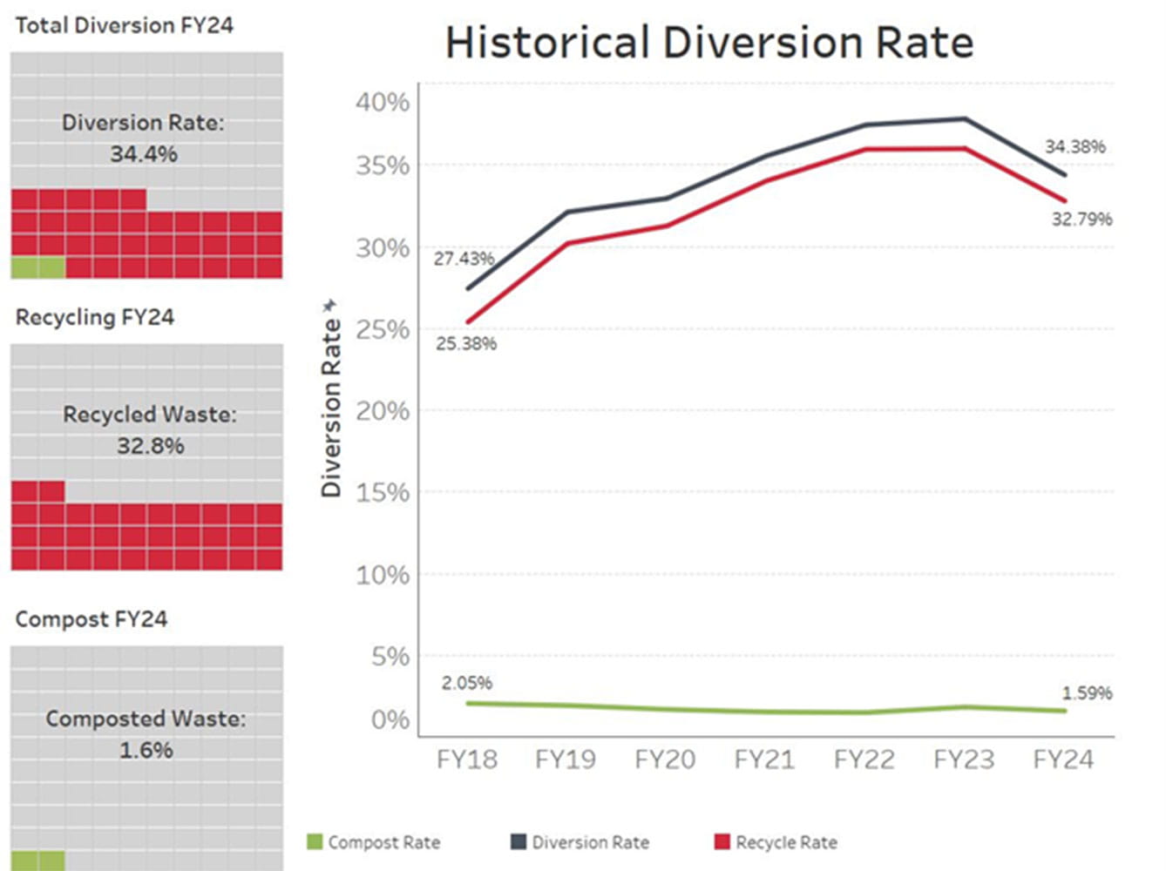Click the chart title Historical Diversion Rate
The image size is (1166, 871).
coord(709,43)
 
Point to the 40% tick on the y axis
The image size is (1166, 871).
coord(382,103)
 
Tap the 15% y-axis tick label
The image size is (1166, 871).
coord(382,493)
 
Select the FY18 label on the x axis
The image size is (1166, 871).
coord(467,760)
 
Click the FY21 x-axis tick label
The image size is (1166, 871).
coord(764,760)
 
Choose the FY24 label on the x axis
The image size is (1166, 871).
coord(1063,760)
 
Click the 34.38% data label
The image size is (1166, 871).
coord(1074,146)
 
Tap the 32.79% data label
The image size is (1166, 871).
coord(1081,219)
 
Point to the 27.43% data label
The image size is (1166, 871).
coord(464,259)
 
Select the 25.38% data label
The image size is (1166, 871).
coord(466,344)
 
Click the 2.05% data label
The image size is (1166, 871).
coord(467,683)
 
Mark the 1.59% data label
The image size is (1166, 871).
coord(1087,693)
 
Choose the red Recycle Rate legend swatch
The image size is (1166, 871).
coord(722,841)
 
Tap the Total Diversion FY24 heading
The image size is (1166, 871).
coord(124,25)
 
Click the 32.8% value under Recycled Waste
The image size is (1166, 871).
coord(151,446)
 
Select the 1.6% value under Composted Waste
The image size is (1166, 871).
coord(146,750)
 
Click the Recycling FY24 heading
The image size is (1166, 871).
coord(95,317)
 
